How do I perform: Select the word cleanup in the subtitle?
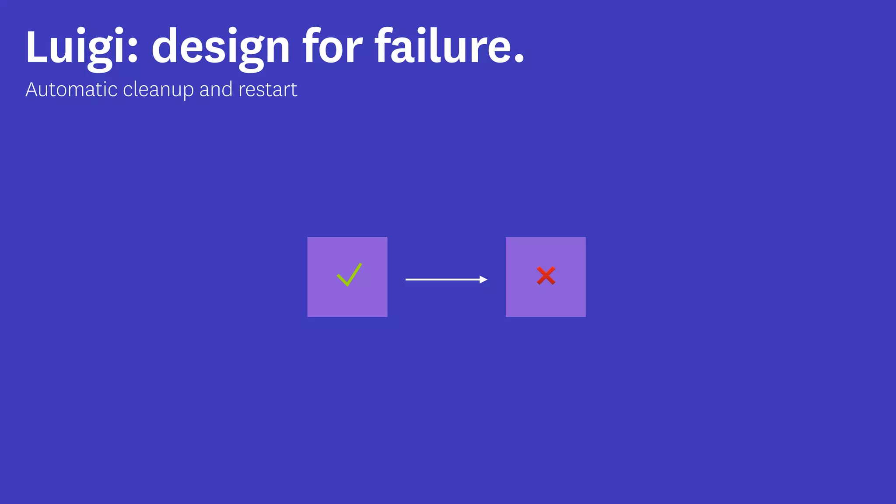click(158, 90)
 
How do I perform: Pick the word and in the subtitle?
click(216, 90)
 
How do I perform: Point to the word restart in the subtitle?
click(268, 90)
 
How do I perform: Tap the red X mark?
click(546, 276)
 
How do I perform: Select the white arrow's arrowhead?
click(483, 279)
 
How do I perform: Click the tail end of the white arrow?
click(407, 279)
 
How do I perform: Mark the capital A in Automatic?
click(32, 90)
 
